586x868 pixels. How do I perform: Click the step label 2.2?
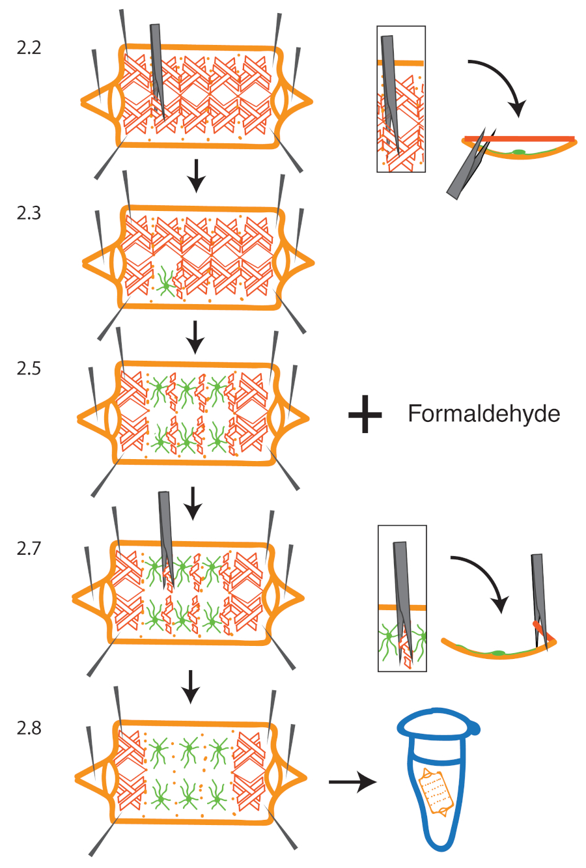pyautogui.click(x=29, y=48)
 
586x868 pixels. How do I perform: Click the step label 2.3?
pyautogui.click(x=29, y=213)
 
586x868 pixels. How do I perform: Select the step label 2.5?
pyautogui.click(x=29, y=369)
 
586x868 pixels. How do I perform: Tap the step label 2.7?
pyautogui.click(x=29, y=549)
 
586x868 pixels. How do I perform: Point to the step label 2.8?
pyautogui.click(x=29, y=728)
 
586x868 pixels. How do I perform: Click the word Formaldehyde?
pyautogui.click(x=484, y=414)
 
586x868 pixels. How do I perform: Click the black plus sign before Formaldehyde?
pyautogui.click(x=365, y=414)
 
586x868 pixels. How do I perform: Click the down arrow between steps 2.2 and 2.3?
pyautogui.click(x=197, y=176)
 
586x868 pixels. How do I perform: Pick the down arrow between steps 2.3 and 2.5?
pyautogui.click(x=195, y=337)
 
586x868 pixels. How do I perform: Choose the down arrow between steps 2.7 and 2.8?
pyautogui.click(x=190, y=687)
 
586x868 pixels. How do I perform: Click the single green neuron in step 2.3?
pyautogui.click(x=166, y=285)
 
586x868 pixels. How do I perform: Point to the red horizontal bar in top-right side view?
pyautogui.click(x=520, y=139)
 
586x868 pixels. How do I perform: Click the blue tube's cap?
pyautogui.click(x=439, y=725)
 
